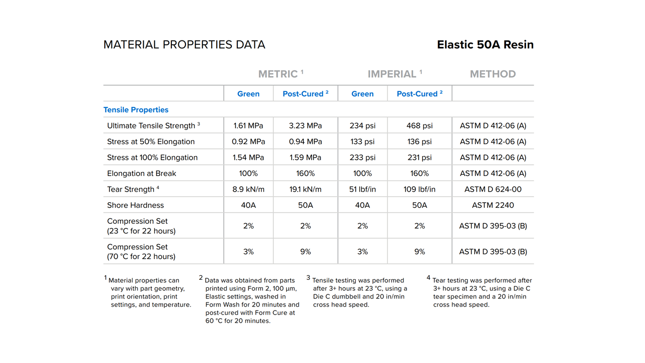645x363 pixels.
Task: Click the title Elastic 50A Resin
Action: point(485,44)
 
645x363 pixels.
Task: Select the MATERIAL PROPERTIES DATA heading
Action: point(184,44)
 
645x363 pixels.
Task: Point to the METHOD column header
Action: point(492,74)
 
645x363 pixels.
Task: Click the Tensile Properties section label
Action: point(136,110)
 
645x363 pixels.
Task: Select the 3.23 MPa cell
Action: point(305,126)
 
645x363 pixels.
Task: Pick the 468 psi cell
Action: point(419,126)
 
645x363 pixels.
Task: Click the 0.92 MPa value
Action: point(248,142)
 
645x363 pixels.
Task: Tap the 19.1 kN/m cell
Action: point(305,189)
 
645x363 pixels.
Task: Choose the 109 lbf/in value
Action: point(419,189)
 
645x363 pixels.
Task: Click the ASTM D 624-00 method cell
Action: point(493,189)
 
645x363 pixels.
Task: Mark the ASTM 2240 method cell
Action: point(493,205)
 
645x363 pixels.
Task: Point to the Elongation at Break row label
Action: point(142,173)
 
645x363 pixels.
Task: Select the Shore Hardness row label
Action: point(136,205)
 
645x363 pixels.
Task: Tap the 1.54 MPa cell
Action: point(248,157)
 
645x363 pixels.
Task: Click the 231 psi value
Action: point(419,157)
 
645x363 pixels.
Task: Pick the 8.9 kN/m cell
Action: point(248,189)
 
